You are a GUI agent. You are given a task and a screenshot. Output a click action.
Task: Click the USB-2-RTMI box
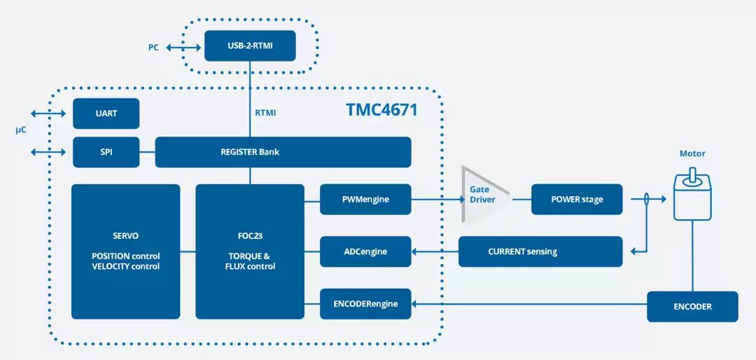pyautogui.click(x=250, y=46)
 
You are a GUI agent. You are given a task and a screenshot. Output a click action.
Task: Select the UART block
pyautogui.click(x=106, y=113)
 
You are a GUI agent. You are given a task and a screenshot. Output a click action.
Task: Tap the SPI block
pyautogui.click(x=106, y=152)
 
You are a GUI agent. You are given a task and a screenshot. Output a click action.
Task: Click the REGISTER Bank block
pyautogui.click(x=283, y=152)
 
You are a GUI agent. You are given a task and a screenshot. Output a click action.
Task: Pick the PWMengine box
pyautogui.click(x=365, y=200)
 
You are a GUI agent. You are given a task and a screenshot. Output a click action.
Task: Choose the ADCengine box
pyautogui.click(x=365, y=251)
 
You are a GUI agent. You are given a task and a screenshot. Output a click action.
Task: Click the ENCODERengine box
pyautogui.click(x=365, y=304)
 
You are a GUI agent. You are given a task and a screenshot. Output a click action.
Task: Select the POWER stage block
pyautogui.click(x=577, y=200)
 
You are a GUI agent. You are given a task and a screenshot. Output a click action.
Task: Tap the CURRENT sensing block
pyautogui.click(x=540, y=251)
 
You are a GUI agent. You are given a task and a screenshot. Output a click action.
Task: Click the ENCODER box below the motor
pyautogui.click(x=692, y=307)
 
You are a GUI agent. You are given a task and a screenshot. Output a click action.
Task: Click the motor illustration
pyautogui.click(x=692, y=198)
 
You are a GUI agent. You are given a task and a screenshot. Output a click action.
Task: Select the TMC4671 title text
pyautogui.click(x=381, y=109)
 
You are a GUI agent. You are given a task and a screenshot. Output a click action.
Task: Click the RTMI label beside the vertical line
pyautogui.click(x=266, y=113)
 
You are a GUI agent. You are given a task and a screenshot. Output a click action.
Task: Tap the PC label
pyautogui.click(x=153, y=48)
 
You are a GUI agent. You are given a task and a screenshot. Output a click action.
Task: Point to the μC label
pyautogui.click(x=20, y=131)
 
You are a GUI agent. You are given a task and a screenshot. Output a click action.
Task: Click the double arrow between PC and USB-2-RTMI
pyautogui.click(x=183, y=48)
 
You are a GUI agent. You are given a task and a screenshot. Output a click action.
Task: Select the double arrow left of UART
pyautogui.click(x=48, y=113)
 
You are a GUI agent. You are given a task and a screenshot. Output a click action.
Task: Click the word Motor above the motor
pyautogui.click(x=692, y=154)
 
